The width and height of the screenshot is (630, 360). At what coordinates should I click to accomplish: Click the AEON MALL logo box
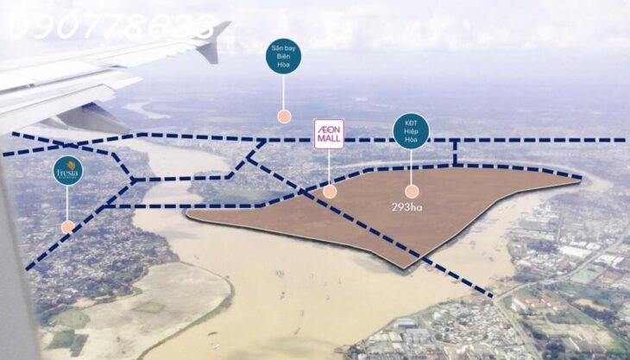[329, 134]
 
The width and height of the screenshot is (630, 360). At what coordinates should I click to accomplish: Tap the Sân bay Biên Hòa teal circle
[283, 56]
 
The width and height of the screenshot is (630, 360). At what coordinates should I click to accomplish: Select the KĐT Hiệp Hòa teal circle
[411, 131]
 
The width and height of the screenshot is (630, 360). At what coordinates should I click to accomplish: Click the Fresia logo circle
[67, 171]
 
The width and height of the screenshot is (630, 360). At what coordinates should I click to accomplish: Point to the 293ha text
[406, 207]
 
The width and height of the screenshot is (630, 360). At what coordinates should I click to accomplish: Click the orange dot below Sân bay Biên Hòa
[283, 116]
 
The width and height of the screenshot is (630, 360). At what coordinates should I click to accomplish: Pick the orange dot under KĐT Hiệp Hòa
[412, 192]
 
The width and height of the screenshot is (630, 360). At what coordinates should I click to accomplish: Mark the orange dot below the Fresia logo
[67, 227]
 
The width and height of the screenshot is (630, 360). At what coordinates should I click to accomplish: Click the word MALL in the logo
[329, 140]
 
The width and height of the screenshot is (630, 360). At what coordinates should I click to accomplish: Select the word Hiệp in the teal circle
[411, 131]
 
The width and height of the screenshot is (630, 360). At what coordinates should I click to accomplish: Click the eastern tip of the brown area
[578, 180]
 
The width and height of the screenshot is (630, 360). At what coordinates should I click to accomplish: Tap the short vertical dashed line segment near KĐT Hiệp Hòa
[455, 153]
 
